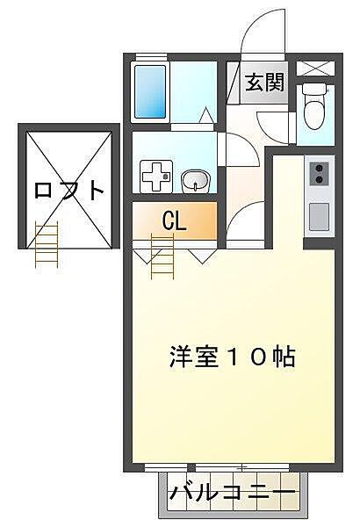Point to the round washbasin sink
[x=194, y=181]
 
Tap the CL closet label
[x=173, y=221]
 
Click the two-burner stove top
[x=317, y=173]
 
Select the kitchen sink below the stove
[x=317, y=214]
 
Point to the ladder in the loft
[x=46, y=242]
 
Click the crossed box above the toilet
[x=313, y=69]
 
